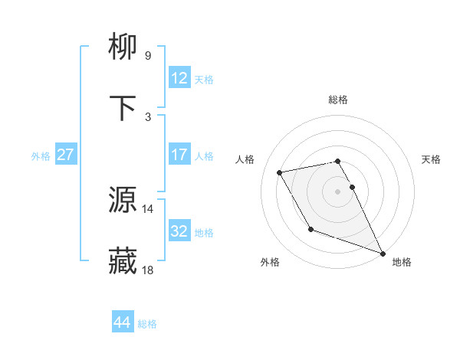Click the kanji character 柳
[123, 47]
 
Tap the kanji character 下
[123, 108]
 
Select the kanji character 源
[123, 200]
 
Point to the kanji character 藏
[123, 261]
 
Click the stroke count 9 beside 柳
[148, 56]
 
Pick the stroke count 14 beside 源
[148, 208]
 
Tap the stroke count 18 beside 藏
[148, 270]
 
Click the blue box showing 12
[179, 78]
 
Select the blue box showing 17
[179, 155]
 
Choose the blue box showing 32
[179, 231]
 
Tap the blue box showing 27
[66, 155]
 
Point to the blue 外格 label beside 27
[41, 155]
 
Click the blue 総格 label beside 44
[147, 324]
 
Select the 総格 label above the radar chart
[338, 100]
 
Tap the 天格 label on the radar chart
[432, 159]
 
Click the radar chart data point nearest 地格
[383, 254]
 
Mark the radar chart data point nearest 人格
[280, 172]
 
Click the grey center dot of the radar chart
[338, 191]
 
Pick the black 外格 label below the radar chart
[270, 262]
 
